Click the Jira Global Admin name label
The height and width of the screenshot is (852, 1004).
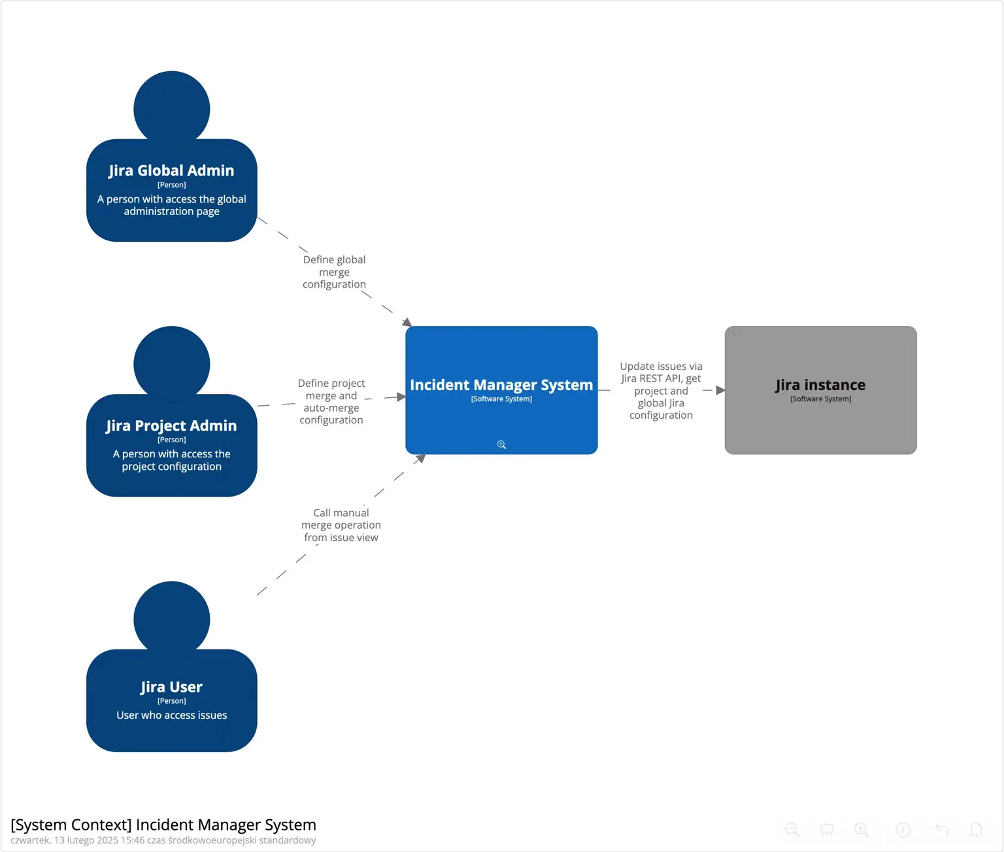pyautogui.click(x=171, y=171)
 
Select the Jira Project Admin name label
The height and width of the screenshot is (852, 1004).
pyautogui.click(x=171, y=425)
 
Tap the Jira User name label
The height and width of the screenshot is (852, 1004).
pyautogui.click(x=171, y=687)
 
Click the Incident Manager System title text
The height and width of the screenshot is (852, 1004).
pyautogui.click(x=501, y=385)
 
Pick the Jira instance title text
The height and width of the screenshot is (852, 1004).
pyautogui.click(x=820, y=385)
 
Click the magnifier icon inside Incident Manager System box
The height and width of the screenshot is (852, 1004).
pyautogui.click(x=501, y=445)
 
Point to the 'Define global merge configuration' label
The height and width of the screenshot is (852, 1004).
pyautogui.click(x=334, y=272)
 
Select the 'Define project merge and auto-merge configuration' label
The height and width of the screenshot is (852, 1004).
pyautogui.click(x=331, y=401)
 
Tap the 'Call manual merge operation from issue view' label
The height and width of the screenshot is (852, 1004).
pyautogui.click(x=341, y=525)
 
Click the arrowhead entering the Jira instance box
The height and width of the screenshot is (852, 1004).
pyautogui.click(x=720, y=390)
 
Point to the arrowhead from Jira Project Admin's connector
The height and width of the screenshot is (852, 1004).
pyautogui.click(x=401, y=397)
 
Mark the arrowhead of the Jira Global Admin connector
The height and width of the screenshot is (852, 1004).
pyautogui.click(x=407, y=322)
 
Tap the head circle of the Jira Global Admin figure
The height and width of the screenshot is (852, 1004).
pyautogui.click(x=171, y=108)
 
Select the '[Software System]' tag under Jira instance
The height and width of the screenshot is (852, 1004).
pyautogui.click(x=820, y=399)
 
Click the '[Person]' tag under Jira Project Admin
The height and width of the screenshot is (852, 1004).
pyautogui.click(x=171, y=440)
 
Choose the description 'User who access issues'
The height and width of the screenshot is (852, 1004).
pyautogui.click(x=171, y=715)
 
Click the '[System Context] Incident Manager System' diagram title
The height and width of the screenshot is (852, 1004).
pyautogui.click(x=163, y=825)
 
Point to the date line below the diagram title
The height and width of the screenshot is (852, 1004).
pyautogui.click(x=163, y=840)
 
